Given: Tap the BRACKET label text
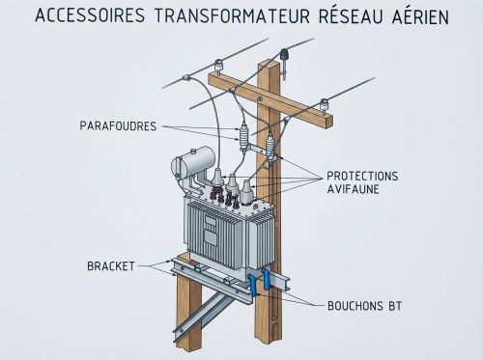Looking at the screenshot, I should pyautogui.click(x=109, y=264).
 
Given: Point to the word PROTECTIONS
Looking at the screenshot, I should pyautogui.click(x=362, y=176).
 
